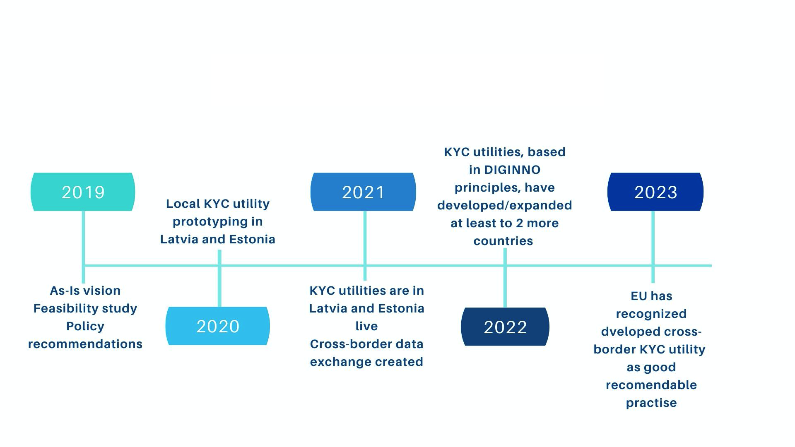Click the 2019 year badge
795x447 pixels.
[x=83, y=192]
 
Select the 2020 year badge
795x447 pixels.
[x=218, y=326]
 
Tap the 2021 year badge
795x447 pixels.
[x=363, y=192]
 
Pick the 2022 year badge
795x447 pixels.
[x=505, y=327]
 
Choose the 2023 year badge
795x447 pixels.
[x=655, y=192]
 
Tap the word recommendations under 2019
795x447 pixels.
[x=85, y=344]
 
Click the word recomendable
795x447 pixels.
[x=651, y=385]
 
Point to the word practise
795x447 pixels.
[x=651, y=403]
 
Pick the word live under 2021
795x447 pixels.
[x=366, y=326]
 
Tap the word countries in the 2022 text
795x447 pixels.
[x=503, y=241]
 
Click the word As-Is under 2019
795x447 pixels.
[x=65, y=291]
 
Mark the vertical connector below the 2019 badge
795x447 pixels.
[x=84, y=247]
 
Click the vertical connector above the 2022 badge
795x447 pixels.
[x=505, y=278]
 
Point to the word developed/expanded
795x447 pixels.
[x=505, y=206]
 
